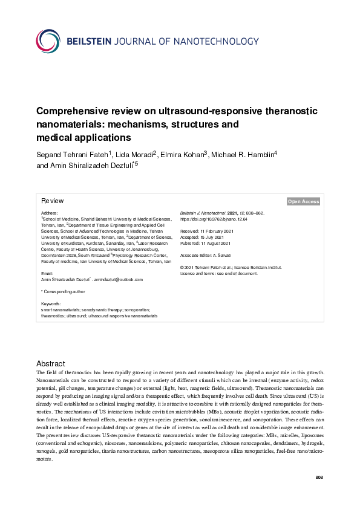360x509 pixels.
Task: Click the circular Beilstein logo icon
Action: tap(48, 41)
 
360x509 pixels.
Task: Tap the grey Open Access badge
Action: tap(303, 201)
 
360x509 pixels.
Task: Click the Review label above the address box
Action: tap(52, 201)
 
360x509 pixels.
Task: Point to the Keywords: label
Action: tap(51, 303)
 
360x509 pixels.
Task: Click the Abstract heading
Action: tap(51, 363)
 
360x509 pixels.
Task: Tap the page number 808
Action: tap(319, 478)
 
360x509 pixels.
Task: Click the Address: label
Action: tap(49, 213)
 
